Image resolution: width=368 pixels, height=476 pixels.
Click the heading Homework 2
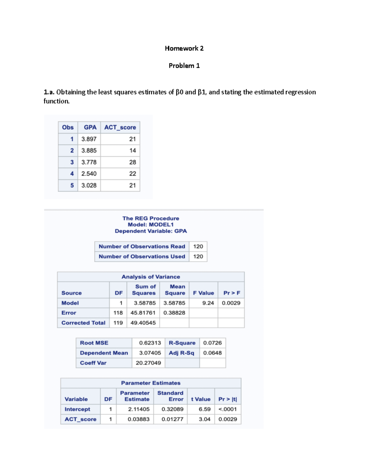[x=184, y=48]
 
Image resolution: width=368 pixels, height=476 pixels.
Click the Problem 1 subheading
[x=184, y=66]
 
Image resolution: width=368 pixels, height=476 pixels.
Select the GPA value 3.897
[x=89, y=139]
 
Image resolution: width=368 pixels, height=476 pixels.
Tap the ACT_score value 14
[x=132, y=150]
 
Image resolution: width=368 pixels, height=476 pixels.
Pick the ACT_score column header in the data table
[x=120, y=127]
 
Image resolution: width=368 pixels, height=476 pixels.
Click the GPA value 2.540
[x=89, y=173]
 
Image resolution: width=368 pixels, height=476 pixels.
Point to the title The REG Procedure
[x=151, y=218]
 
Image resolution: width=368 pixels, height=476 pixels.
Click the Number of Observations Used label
[x=142, y=257]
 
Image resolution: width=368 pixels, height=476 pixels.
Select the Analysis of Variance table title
[x=151, y=277]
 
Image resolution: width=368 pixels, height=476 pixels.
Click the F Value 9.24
[x=208, y=303]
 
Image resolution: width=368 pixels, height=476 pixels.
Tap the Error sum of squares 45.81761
[x=143, y=313]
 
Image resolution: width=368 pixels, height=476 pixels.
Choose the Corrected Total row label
[x=83, y=323]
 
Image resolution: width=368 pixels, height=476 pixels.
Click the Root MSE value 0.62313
[x=150, y=343]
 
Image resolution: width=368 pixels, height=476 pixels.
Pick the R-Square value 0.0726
[x=212, y=343]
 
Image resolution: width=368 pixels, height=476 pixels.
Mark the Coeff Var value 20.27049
[x=148, y=363]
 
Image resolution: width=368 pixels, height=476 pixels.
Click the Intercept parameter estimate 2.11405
[x=139, y=409]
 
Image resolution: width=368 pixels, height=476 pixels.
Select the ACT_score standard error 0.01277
[x=172, y=419]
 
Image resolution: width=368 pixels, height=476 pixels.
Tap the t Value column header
[x=201, y=399]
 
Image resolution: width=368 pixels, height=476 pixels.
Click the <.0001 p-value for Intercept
[x=227, y=409]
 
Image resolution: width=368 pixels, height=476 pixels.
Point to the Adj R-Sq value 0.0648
[x=212, y=353]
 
